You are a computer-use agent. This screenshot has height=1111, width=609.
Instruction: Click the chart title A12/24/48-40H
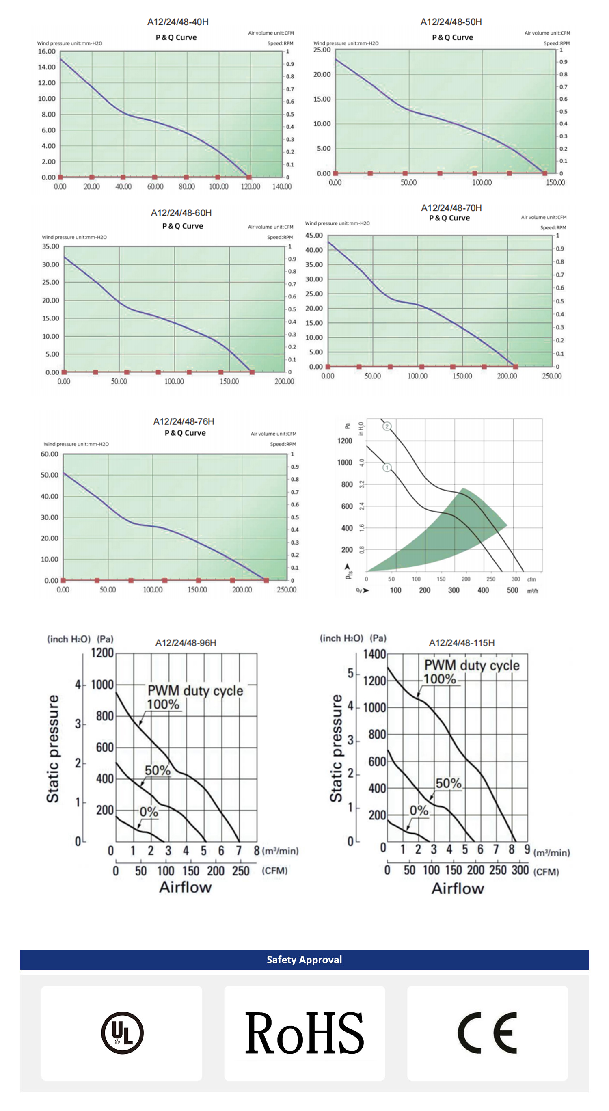178,22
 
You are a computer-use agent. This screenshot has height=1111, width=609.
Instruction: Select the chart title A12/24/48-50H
451,22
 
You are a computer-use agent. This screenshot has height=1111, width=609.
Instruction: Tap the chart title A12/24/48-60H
181,213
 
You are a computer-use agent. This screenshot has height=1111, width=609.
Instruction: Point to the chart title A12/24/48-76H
184,421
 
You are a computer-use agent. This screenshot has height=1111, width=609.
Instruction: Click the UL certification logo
122,1033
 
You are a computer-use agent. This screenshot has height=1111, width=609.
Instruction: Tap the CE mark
487,1033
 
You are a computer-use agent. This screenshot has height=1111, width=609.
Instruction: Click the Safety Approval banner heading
304,960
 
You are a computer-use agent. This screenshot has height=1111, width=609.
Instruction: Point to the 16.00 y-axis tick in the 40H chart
47,51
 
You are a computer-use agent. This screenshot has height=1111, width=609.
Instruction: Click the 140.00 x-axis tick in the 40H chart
282,187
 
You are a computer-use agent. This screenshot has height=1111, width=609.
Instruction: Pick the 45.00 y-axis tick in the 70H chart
313,236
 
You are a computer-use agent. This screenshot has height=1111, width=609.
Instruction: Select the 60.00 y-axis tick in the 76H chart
49,454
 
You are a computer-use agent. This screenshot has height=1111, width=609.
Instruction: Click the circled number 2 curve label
387,426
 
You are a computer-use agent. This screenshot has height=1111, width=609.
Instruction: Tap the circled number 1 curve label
387,467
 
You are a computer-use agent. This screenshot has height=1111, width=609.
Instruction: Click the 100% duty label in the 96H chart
163,704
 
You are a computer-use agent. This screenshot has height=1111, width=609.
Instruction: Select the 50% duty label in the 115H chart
448,783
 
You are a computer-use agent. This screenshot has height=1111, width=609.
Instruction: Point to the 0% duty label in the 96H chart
149,812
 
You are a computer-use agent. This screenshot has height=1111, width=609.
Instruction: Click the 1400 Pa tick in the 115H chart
374,654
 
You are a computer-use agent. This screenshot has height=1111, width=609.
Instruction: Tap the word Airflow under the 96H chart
186,887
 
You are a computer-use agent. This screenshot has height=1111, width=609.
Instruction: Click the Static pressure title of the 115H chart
336,748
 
